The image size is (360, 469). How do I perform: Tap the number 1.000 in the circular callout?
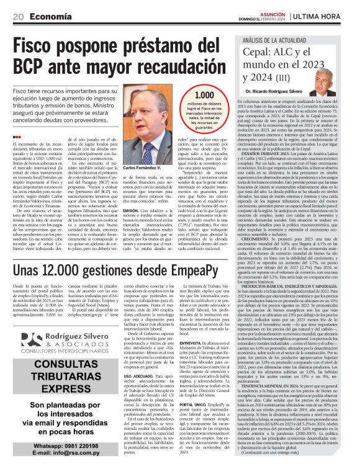(205, 96)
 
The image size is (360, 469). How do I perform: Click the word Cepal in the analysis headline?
(257, 53)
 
